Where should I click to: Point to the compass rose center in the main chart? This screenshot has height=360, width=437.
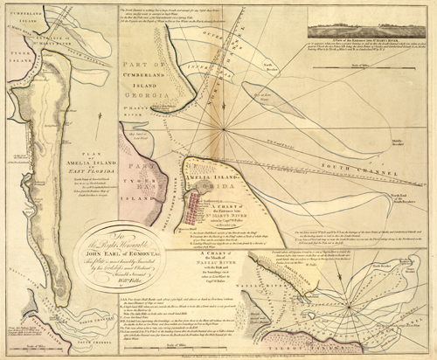click(x=229, y=130)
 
